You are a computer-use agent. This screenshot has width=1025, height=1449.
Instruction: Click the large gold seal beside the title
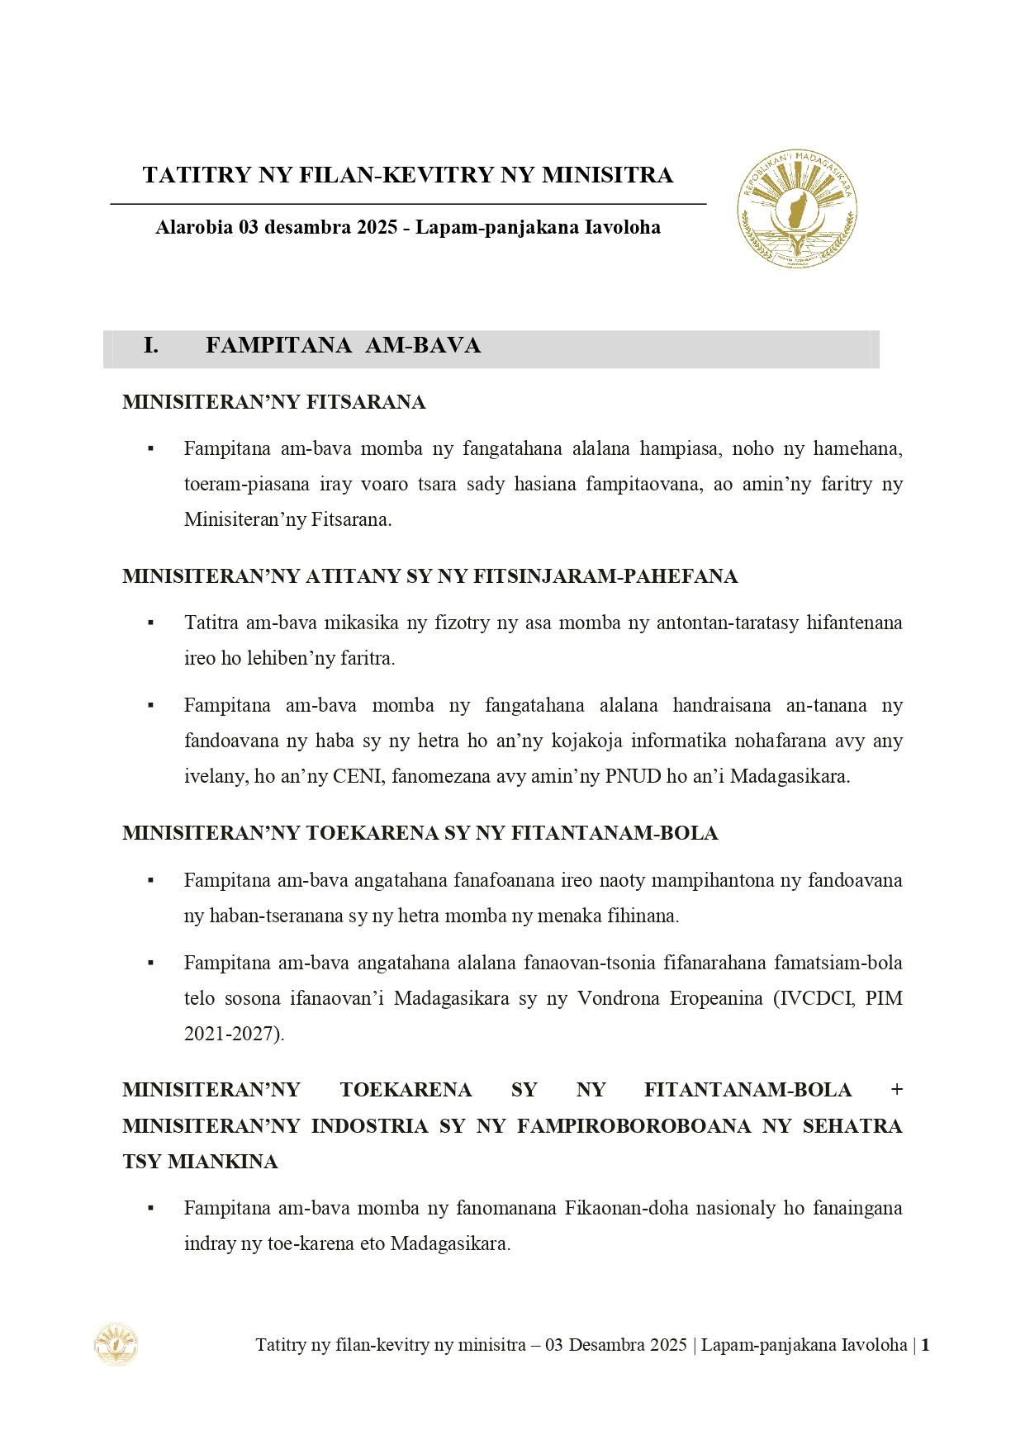[796, 208]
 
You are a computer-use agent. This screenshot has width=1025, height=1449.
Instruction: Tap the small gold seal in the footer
[116, 1344]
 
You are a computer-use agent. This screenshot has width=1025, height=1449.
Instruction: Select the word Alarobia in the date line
[194, 227]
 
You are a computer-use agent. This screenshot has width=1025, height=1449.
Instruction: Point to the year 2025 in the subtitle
[377, 227]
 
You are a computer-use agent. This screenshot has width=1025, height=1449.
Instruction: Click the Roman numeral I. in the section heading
[151, 345]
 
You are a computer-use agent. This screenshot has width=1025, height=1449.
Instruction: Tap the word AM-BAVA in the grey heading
[423, 345]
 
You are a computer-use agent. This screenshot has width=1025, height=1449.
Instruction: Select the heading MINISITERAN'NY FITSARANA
[273, 402]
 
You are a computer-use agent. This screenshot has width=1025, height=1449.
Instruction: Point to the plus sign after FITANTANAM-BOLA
[896, 1090]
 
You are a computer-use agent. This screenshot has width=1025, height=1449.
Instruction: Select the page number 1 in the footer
[925, 1345]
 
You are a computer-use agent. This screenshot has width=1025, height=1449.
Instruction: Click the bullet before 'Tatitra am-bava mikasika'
[151, 623]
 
